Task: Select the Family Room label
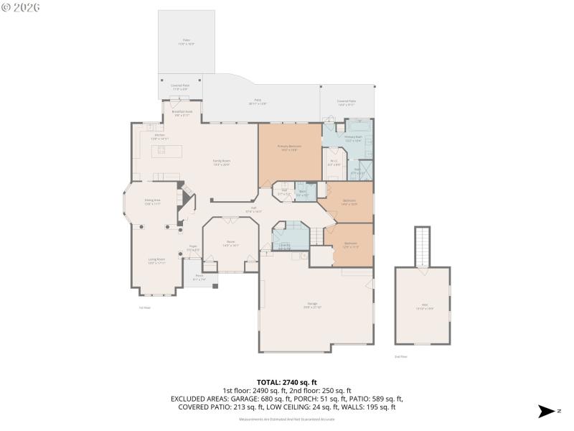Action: click(x=221, y=162)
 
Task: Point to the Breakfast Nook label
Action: click(x=182, y=113)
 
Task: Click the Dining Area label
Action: click(x=152, y=202)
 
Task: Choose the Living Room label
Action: click(x=156, y=261)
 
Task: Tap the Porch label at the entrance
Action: click(x=199, y=279)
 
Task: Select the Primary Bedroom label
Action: click(x=290, y=147)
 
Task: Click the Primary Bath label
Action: click(x=353, y=139)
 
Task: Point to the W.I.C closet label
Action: click(x=334, y=163)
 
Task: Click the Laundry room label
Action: click(x=285, y=246)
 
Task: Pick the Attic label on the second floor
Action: click(x=424, y=307)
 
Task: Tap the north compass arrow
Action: click(x=547, y=412)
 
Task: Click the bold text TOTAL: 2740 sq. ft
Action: click(x=286, y=382)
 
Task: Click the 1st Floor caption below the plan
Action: click(x=144, y=307)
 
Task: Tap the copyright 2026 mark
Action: click(x=21, y=7)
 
